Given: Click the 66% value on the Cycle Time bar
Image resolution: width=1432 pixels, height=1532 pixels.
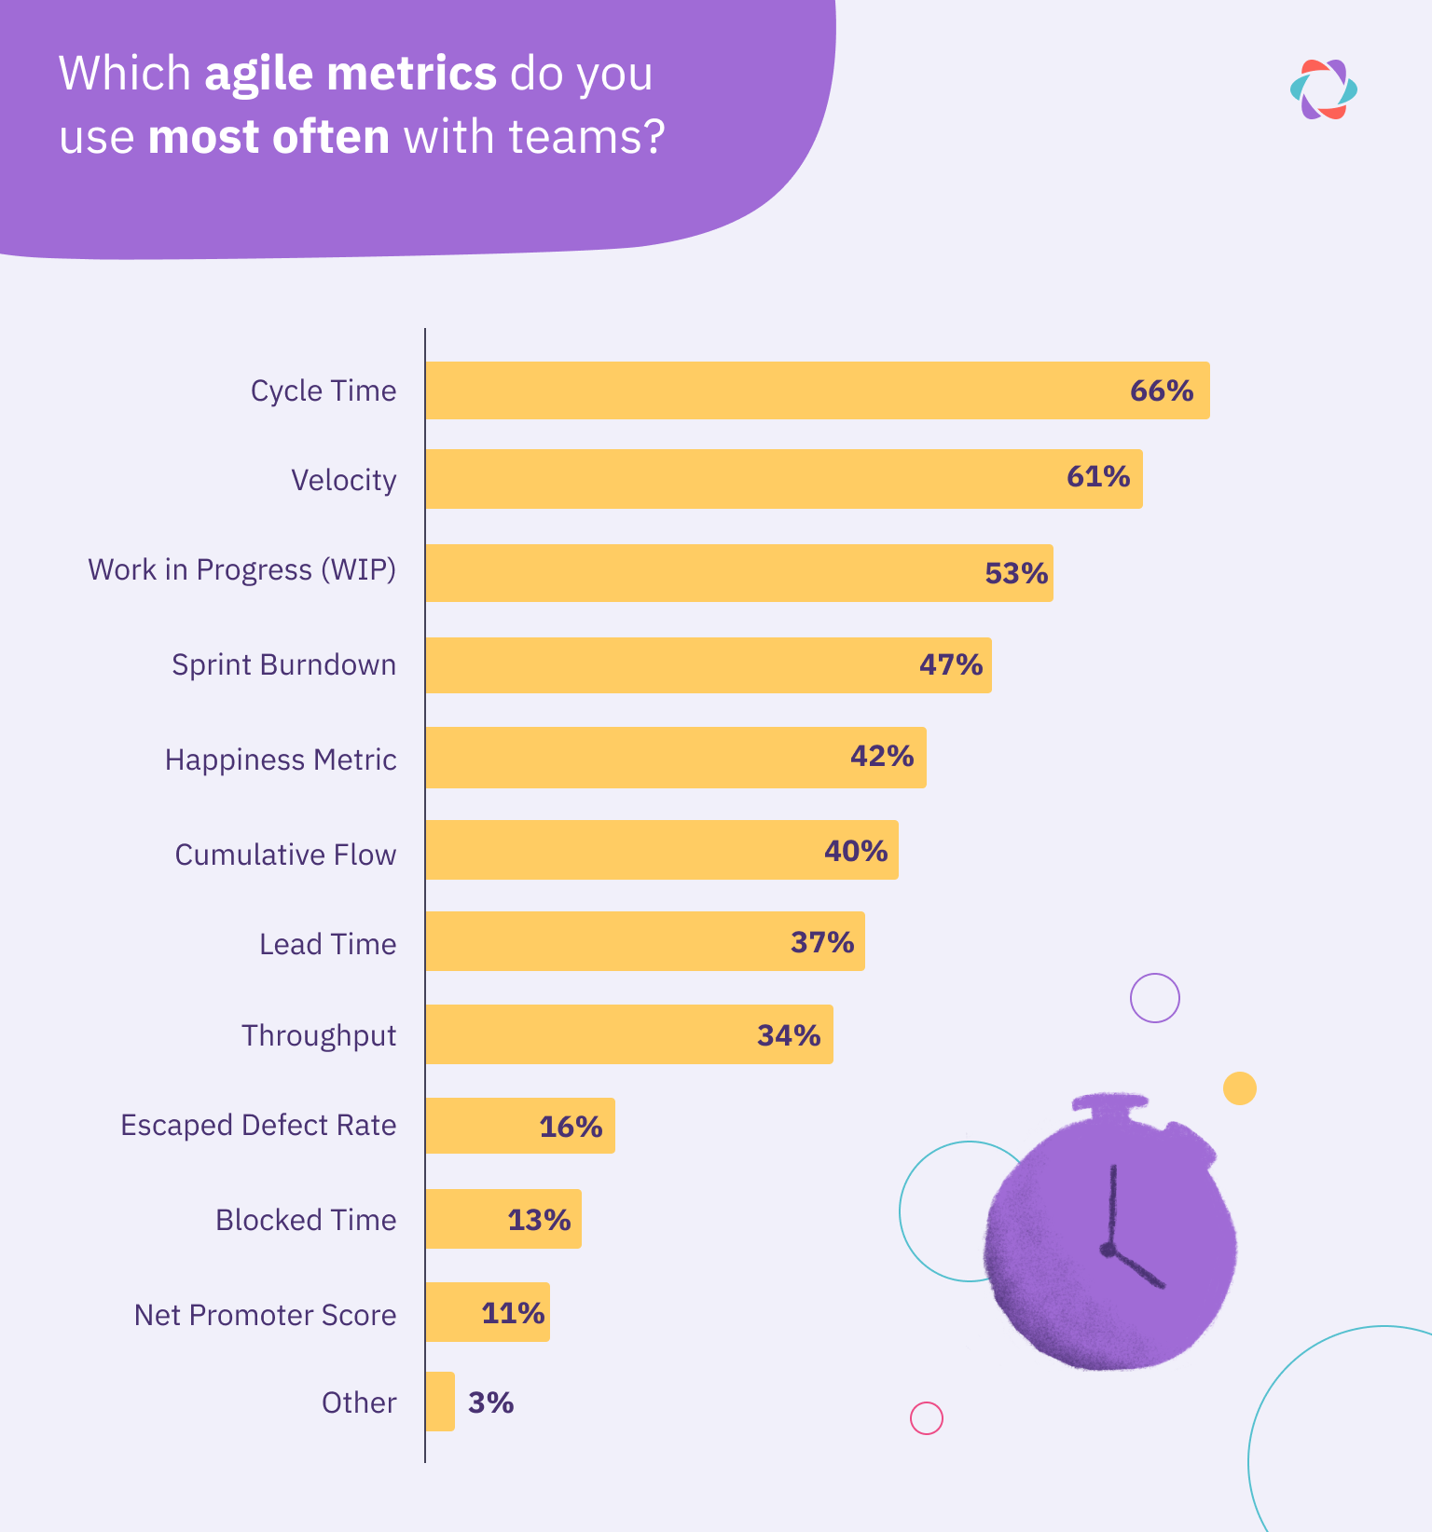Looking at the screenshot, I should click(x=1161, y=390).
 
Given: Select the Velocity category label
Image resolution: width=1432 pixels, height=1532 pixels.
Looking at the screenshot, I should click(x=343, y=480).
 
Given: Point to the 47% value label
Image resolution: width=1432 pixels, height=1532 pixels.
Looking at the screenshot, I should click(x=950, y=664).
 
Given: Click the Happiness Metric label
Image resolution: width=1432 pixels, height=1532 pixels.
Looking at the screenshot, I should click(x=281, y=759).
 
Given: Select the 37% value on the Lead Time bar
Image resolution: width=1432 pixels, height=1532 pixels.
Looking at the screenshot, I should click(x=821, y=942).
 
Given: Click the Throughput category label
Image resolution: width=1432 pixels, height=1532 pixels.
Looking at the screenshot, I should click(x=319, y=1035).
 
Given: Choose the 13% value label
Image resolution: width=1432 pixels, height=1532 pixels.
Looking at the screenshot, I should click(x=538, y=1220).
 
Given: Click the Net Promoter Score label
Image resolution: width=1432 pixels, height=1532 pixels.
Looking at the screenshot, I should click(x=265, y=1315).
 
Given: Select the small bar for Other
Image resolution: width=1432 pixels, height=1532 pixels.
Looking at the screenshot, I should click(x=440, y=1402).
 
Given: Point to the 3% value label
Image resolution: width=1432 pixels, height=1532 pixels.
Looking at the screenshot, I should click(x=490, y=1402).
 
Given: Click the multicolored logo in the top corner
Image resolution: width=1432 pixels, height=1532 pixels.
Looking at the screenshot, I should click(x=1323, y=89).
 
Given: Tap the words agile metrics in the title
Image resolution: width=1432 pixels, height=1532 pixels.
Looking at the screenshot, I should click(x=351, y=74).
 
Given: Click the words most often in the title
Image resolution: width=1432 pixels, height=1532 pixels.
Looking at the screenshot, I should click(x=268, y=137).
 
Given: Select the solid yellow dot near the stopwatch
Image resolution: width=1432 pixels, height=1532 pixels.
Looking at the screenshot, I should click(x=1239, y=1087).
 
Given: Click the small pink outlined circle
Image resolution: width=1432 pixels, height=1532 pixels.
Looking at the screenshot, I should click(x=926, y=1418).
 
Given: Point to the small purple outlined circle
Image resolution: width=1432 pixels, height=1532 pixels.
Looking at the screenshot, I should click(x=1154, y=998).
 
